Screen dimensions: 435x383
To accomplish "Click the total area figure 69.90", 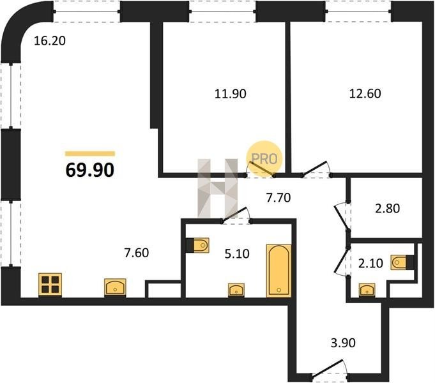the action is tap(90, 170).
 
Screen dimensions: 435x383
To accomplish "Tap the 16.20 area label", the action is tap(50, 41).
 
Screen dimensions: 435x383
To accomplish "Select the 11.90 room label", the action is tap(230, 94).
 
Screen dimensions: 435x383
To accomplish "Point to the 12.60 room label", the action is tap(365, 93).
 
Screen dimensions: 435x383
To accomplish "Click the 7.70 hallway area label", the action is tap(279, 198).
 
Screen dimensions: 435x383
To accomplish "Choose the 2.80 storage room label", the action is tap(387, 208).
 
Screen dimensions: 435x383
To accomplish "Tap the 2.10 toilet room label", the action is tap(370, 263).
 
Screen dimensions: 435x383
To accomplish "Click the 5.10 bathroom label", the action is tap(237, 253).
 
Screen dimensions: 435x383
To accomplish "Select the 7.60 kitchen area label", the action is tap(137, 253).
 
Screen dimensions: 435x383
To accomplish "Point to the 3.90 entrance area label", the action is tap(343, 343).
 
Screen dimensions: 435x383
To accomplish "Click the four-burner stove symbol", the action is tap(50, 285).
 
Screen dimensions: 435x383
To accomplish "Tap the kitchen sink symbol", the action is tap(115, 287).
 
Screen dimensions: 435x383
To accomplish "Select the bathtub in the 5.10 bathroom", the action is tap(279, 271).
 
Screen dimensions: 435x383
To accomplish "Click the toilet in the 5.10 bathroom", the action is tap(197, 246).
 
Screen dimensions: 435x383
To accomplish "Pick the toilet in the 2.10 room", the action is tap(402, 262).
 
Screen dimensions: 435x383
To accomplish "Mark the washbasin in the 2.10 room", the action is tap(367, 290).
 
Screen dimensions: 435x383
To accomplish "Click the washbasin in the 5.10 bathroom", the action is tap(236, 290).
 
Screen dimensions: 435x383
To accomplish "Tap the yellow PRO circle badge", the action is tap(264, 159).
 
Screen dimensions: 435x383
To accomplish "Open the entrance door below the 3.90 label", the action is tap(330, 369).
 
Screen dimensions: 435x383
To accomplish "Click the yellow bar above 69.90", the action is tap(90, 154).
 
